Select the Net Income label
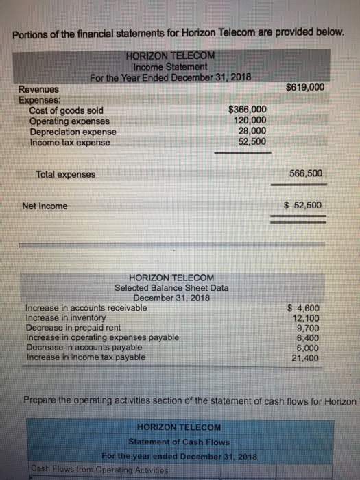[x=45, y=206]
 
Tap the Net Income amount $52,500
[x=302, y=205]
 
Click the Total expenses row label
[x=66, y=174]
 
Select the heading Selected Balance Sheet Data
[x=171, y=288]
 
